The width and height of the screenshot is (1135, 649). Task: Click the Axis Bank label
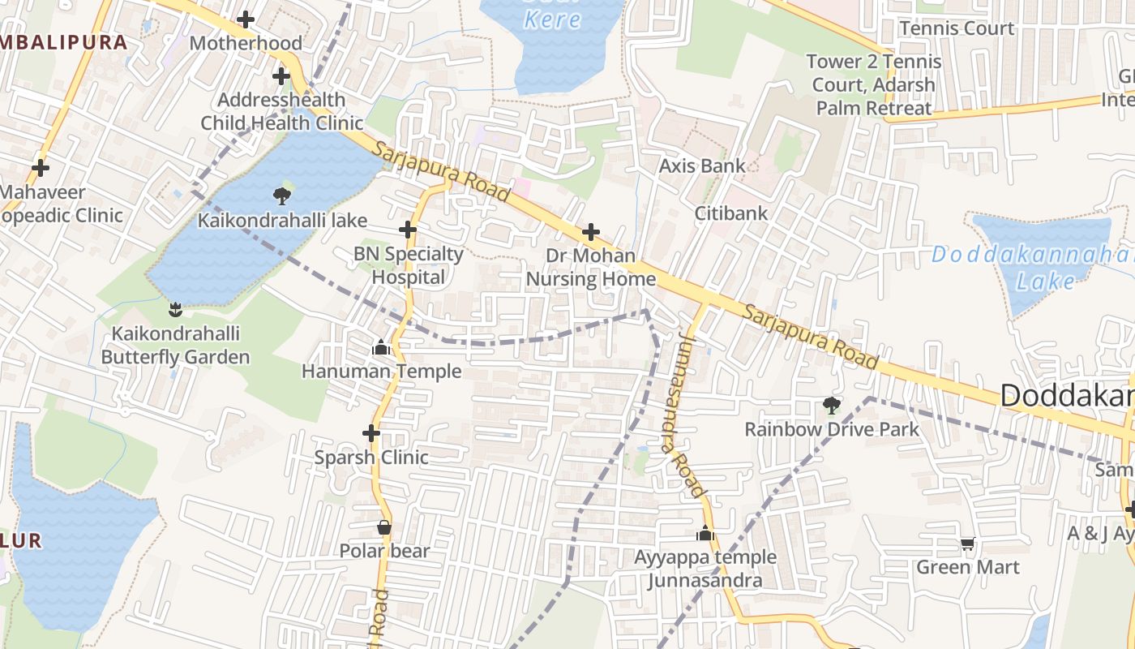701,165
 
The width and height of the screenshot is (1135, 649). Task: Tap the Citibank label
730,213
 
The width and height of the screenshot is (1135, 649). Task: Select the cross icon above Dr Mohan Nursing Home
591,232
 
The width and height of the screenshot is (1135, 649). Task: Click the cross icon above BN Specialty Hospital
408,230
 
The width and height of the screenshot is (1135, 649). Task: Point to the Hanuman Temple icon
380,348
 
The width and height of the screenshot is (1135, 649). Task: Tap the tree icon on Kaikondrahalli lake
282,195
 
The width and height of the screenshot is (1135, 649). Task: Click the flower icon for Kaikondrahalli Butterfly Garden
174,309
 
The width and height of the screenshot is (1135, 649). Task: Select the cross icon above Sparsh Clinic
371,433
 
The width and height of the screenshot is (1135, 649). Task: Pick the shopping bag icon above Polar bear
384,527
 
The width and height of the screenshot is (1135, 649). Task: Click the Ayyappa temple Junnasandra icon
705,533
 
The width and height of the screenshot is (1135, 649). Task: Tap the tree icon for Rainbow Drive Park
831,405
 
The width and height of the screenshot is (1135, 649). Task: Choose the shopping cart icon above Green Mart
967,544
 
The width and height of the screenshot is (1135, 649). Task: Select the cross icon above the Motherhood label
246,19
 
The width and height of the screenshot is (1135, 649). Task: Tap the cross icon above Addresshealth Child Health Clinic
281,76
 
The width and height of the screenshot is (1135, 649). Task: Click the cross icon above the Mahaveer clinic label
40,168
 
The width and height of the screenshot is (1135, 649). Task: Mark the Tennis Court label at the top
957,28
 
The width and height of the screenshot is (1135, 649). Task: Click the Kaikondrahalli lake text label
282,221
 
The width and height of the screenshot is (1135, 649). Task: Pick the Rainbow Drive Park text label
832,429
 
